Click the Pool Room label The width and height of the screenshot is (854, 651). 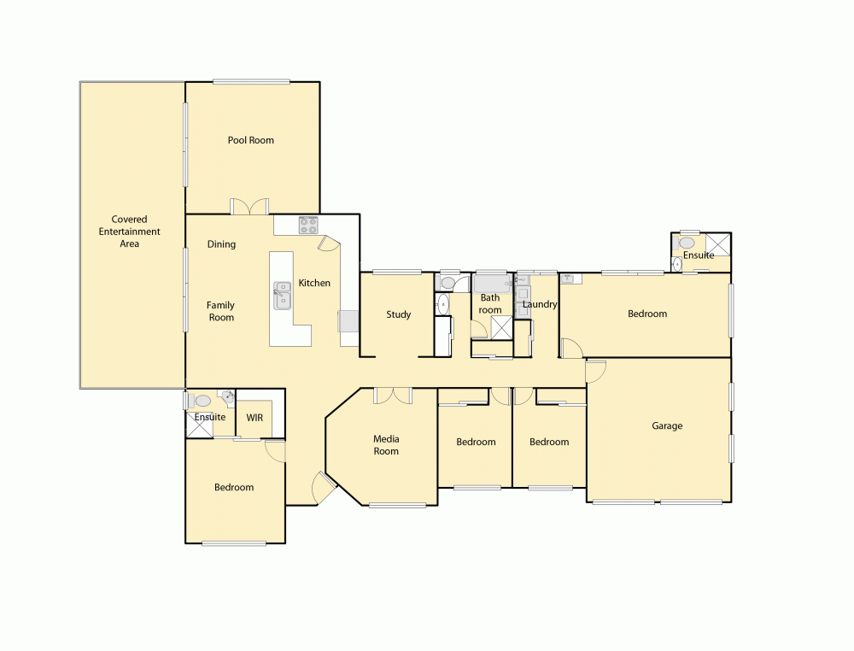coord(250,140)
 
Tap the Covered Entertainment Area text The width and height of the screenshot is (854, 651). coord(129,232)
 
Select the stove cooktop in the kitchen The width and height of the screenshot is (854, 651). coord(308,226)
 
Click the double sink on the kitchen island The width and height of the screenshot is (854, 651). coord(283,296)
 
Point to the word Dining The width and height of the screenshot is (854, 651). coord(221,244)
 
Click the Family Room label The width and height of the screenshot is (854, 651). coord(220,311)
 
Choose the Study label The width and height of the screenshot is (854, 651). coord(398,314)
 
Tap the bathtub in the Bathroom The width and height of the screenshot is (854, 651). coord(492,282)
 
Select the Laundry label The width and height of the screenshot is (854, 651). coord(540,304)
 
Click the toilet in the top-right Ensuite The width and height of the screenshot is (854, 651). coord(687,243)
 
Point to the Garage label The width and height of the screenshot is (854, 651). coord(667,425)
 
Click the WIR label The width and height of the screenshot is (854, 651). coord(254,418)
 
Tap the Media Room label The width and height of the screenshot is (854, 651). coord(386,445)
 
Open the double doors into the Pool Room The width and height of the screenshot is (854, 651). coord(250,207)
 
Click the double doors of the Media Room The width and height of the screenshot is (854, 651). coord(394,396)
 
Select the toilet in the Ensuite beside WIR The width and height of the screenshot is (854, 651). coord(202,400)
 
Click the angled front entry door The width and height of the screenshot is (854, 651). coord(323,489)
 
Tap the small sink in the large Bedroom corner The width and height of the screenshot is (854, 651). coord(567,278)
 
